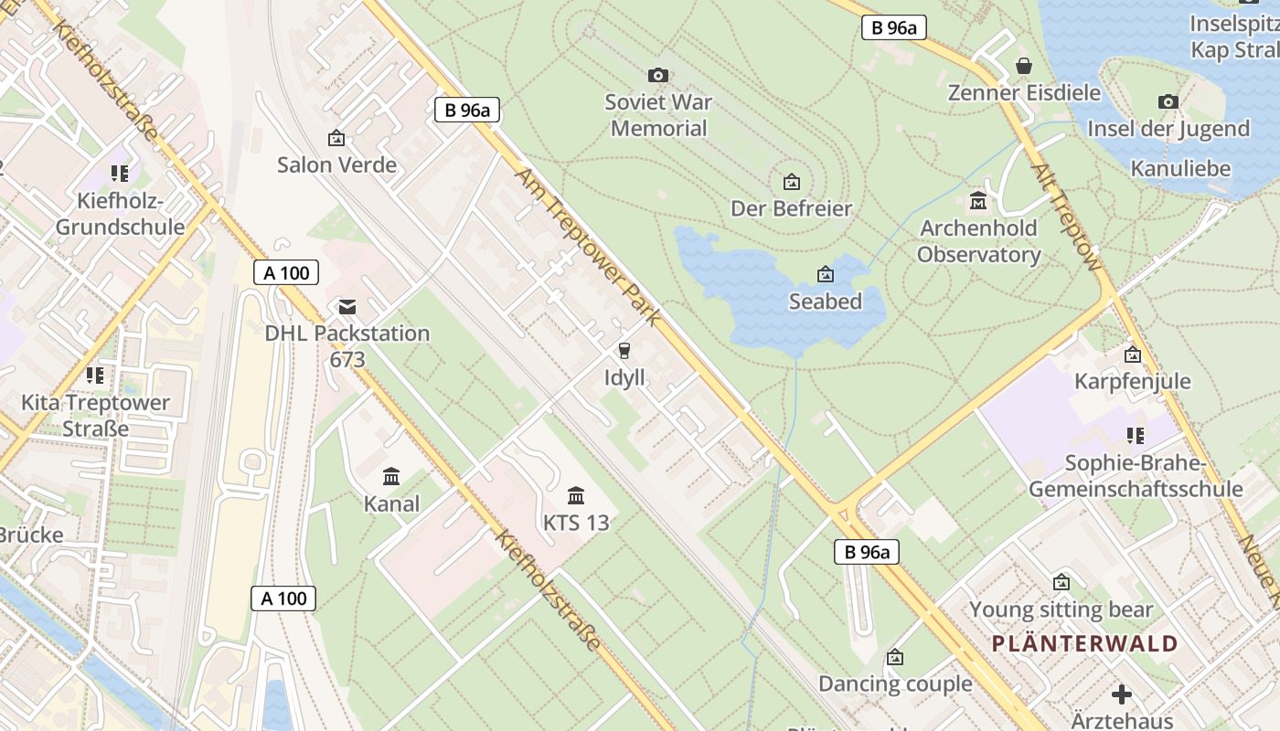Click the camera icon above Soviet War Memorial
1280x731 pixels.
pyautogui.click(x=657, y=75)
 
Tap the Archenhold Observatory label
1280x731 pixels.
pyautogui.click(x=978, y=241)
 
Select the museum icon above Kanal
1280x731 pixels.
pyautogui.click(x=392, y=476)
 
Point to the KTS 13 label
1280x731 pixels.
pyautogui.click(x=576, y=524)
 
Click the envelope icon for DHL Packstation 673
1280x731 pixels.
pyautogui.click(x=347, y=306)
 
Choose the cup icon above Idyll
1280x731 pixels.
pyautogui.click(x=624, y=351)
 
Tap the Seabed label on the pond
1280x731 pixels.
pyautogui.click(x=825, y=302)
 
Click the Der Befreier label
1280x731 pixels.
pyautogui.click(x=791, y=208)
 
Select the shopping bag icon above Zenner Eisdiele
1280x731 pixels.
pyautogui.click(x=1024, y=66)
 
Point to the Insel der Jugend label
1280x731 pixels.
pyautogui.click(x=1168, y=129)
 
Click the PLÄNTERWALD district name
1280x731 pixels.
pyautogui.click(x=1084, y=643)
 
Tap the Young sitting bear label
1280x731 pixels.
pyautogui.click(x=1061, y=609)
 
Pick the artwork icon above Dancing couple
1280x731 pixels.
pyautogui.click(x=895, y=657)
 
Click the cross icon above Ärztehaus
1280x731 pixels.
pyautogui.click(x=1122, y=694)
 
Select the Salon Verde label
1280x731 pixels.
pyautogui.click(x=336, y=165)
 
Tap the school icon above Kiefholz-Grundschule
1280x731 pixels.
pyautogui.click(x=119, y=173)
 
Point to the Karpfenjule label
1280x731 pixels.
pyautogui.click(x=1132, y=381)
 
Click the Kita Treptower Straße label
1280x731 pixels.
pyautogui.click(x=95, y=416)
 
